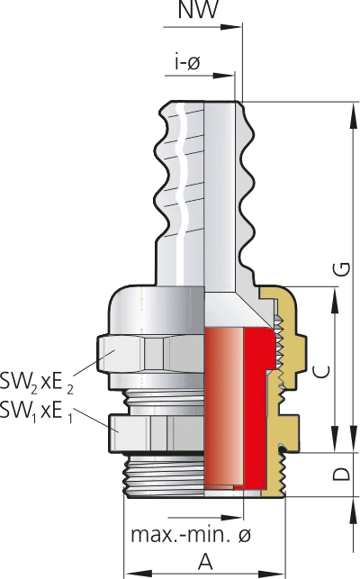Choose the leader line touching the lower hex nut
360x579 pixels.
point(90,416)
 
